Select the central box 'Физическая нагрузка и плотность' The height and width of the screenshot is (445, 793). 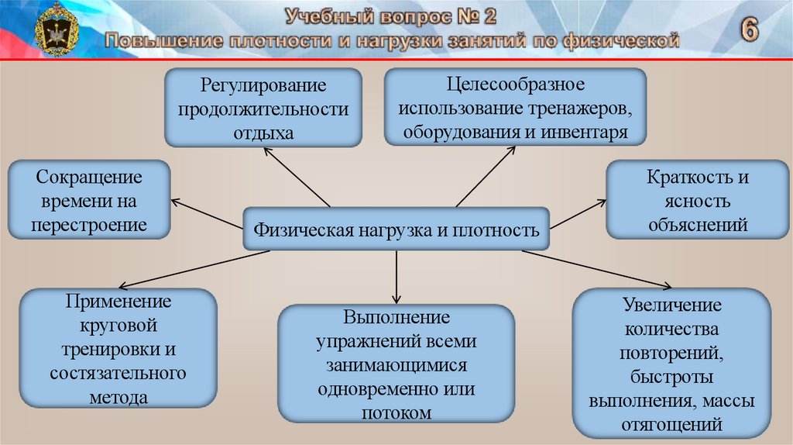click(x=396, y=229)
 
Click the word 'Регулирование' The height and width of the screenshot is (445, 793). click(x=263, y=85)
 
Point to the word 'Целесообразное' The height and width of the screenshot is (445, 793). click(x=514, y=83)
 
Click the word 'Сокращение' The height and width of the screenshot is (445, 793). click(x=89, y=177)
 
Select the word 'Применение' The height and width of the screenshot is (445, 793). click(x=118, y=301)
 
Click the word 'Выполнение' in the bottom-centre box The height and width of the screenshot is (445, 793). click(x=396, y=318)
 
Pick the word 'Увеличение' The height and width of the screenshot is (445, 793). click(x=671, y=305)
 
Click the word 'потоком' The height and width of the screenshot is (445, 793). click(x=396, y=413)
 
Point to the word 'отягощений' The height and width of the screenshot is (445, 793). click(x=671, y=425)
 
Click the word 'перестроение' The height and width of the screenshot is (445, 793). click(x=89, y=226)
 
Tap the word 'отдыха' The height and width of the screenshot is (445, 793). click(x=263, y=133)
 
